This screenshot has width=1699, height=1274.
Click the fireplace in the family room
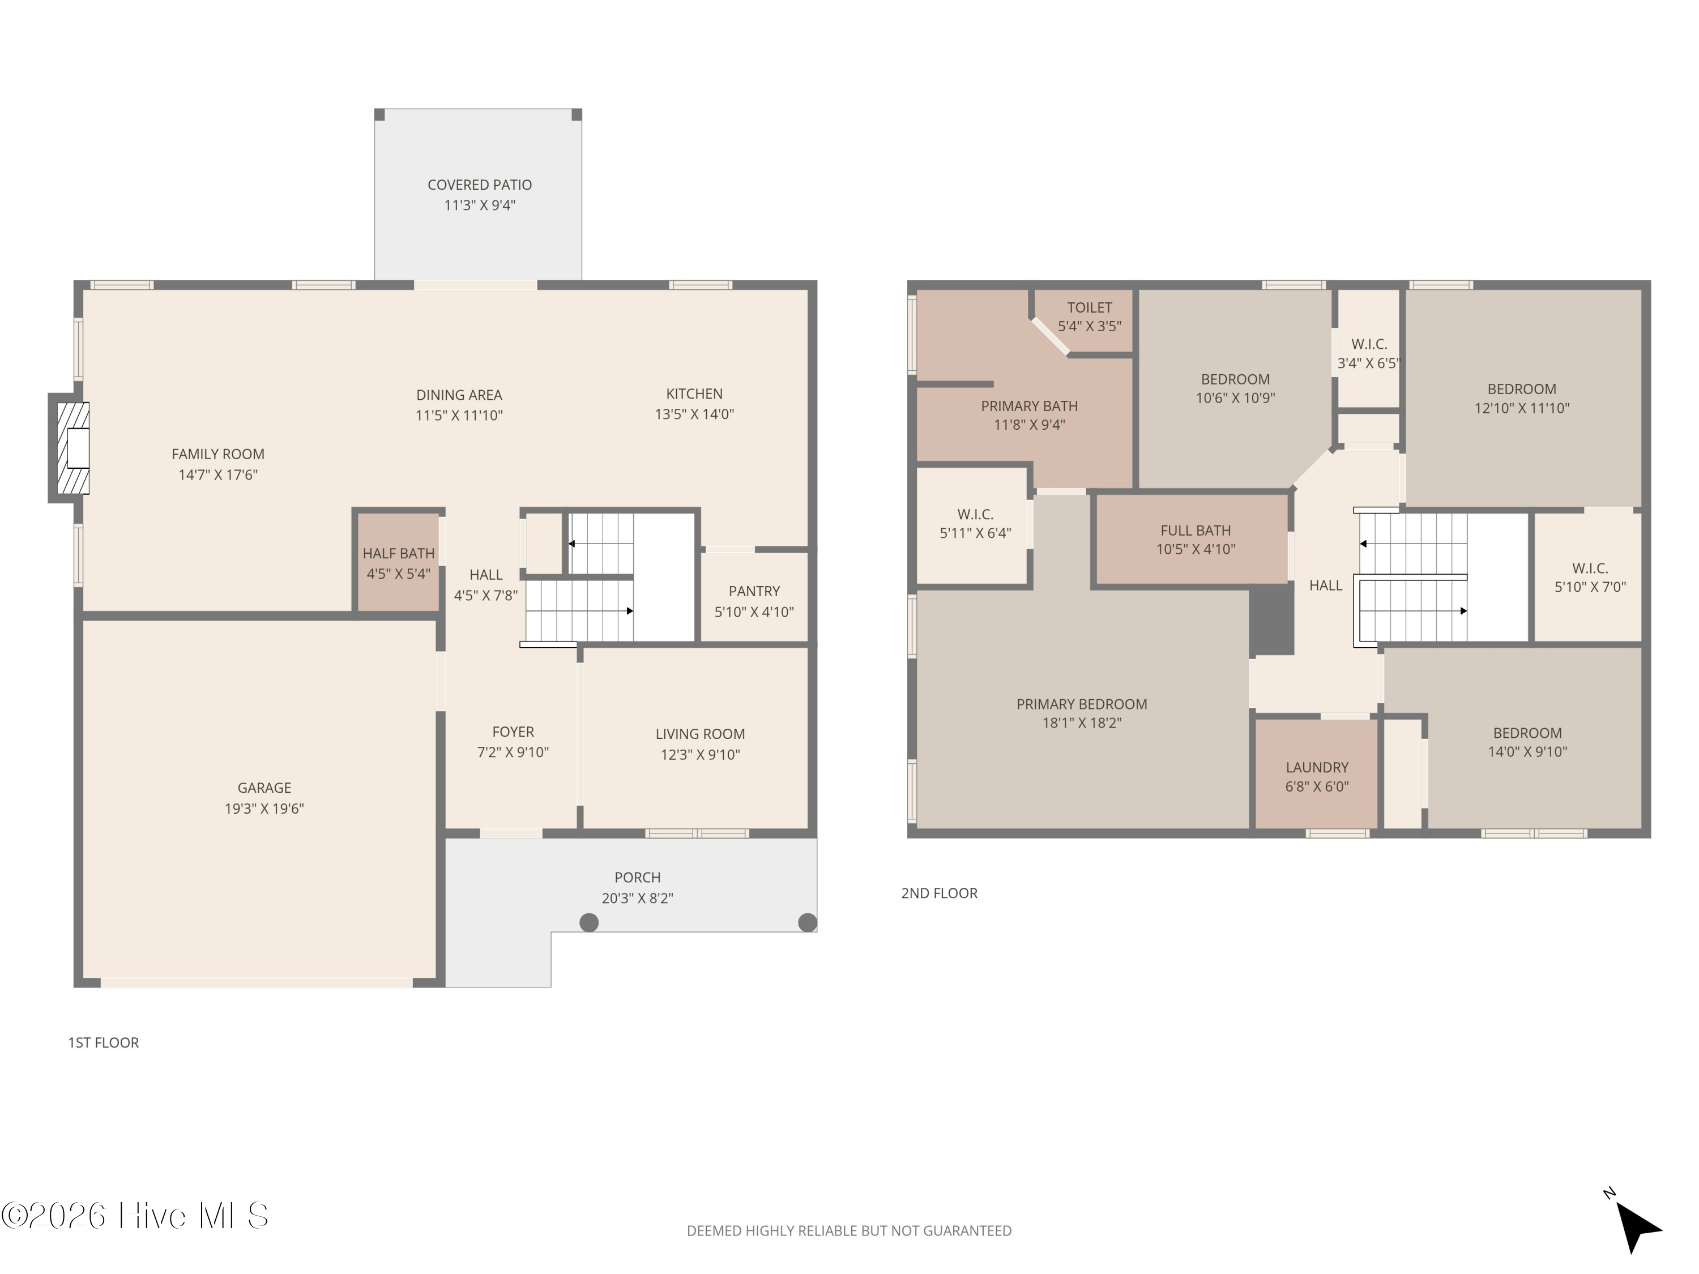[70, 448]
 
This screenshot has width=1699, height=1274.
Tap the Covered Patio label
[479, 185]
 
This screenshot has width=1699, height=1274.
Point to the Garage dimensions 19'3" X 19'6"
[264, 808]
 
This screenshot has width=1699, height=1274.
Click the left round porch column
[588, 922]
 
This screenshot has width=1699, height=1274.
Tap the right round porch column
[807, 922]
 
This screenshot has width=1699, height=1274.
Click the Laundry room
[1317, 774]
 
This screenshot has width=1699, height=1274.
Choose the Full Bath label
[1195, 531]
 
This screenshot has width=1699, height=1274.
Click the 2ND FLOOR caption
[938, 893]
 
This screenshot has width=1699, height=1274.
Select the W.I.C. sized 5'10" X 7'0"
[1589, 578]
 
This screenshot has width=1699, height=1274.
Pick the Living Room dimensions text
[700, 754]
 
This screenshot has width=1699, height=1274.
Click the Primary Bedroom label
[1082, 704]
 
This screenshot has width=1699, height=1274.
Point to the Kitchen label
[694, 394]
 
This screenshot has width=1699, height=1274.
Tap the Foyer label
[513, 732]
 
